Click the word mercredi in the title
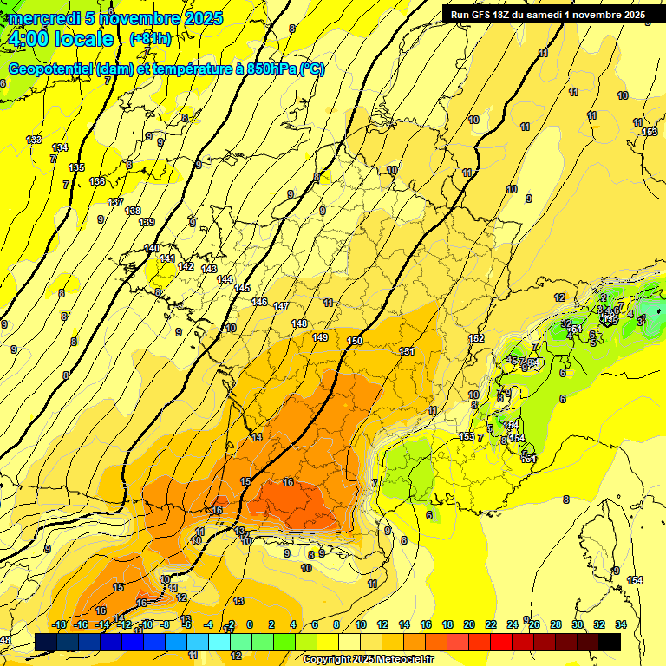(43, 18)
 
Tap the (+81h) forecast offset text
(150, 39)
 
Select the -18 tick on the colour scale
(59, 624)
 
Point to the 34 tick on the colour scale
(621, 624)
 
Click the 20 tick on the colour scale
(468, 624)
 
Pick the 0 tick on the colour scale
(250, 624)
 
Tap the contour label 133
(34, 140)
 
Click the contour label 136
(97, 181)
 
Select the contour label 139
(147, 223)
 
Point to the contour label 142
(186, 266)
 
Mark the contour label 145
(242, 288)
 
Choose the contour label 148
(299, 323)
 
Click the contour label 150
(355, 342)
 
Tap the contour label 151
(407, 351)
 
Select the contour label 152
(476, 338)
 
